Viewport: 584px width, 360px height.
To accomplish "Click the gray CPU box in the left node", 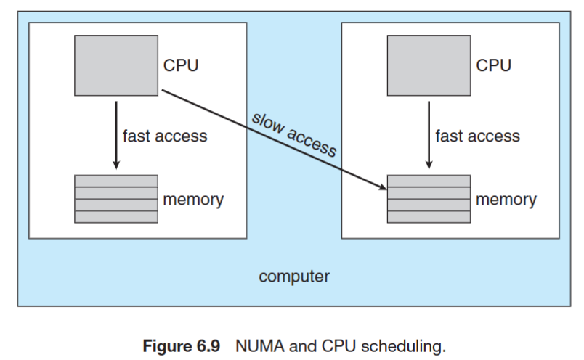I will (x=116, y=65).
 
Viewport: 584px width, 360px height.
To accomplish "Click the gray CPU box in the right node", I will (x=429, y=65).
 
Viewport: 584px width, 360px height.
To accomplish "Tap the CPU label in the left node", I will (x=181, y=65).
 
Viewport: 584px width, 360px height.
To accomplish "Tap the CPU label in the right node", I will (x=493, y=65).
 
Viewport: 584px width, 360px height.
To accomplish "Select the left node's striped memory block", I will (x=116, y=198).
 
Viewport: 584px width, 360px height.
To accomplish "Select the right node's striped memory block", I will (x=429, y=198).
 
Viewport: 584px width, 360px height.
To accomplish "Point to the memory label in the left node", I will (x=192, y=199).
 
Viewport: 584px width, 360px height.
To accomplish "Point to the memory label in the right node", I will (x=506, y=199).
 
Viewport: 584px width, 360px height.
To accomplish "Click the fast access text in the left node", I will (x=164, y=136).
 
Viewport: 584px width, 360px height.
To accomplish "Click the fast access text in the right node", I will (x=477, y=136).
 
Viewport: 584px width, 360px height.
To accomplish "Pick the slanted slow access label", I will (x=294, y=135).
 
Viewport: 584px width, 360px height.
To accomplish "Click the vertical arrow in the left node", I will (x=116, y=134).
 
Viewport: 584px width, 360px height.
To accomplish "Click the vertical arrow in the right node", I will (x=429, y=134).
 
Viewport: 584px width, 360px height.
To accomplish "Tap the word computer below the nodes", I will (x=293, y=277).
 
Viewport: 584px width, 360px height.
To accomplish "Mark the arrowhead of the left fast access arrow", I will (x=116, y=167).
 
